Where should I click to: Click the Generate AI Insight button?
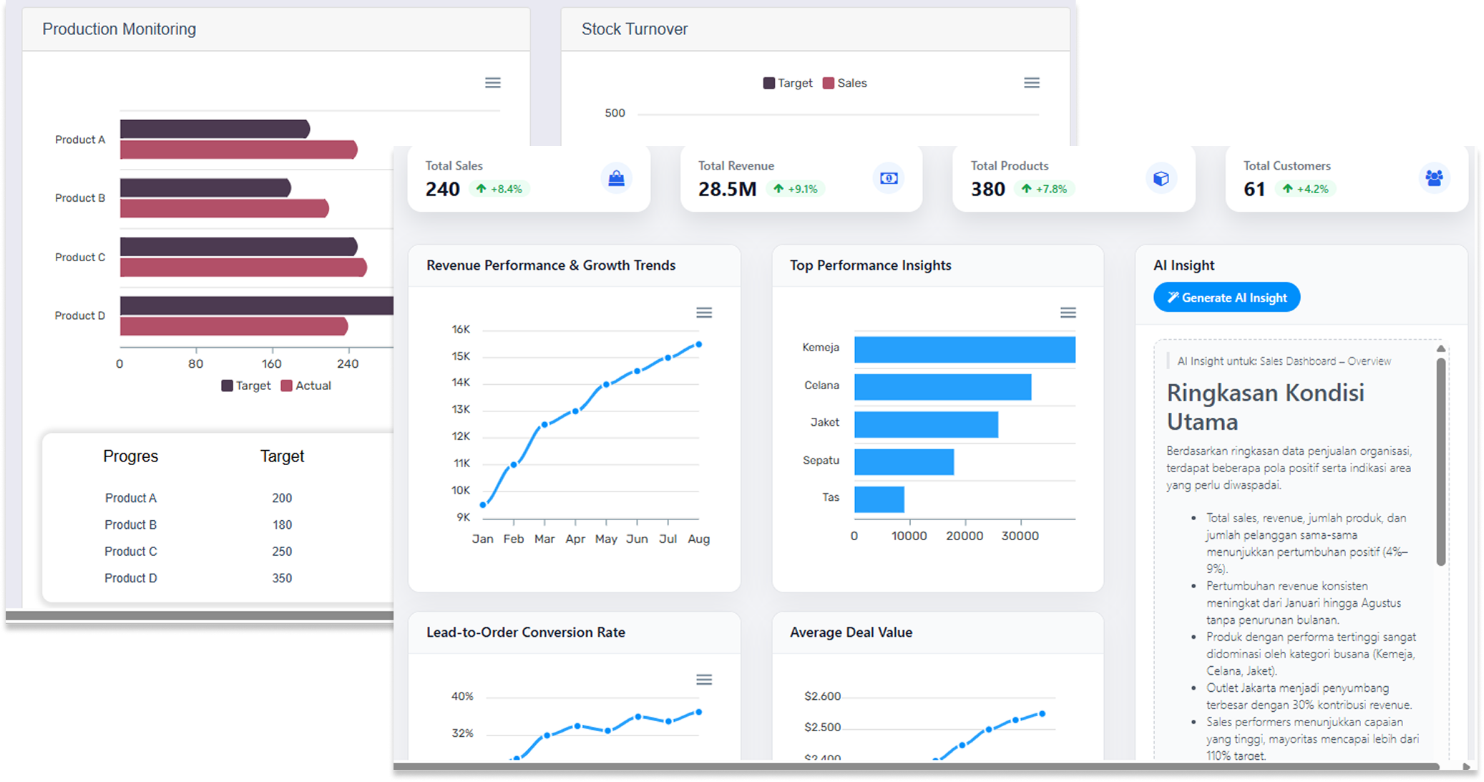pyautogui.click(x=1226, y=298)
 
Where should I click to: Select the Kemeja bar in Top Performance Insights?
pyautogui.click(x=964, y=350)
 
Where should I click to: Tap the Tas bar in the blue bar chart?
pyautogui.click(x=879, y=499)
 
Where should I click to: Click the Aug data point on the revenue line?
pyautogui.click(x=699, y=345)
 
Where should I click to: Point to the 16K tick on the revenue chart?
pyautogui.click(x=461, y=330)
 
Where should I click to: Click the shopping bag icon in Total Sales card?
pyautogui.click(x=616, y=178)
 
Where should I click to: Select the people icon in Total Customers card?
pyautogui.click(x=1434, y=178)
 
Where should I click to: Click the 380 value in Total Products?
pyautogui.click(x=987, y=189)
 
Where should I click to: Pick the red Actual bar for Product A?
pyautogui.click(x=238, y=150)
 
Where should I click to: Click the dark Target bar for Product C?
pyautogui.click(x=238, y=247)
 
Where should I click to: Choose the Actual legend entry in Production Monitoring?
pyautogui.click(x=306, y=386)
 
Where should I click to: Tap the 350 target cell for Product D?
pyautogui.click(x=282, y=578)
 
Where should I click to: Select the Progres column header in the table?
pyautogui.click(x=130, y=456)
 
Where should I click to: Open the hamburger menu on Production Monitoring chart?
pyautogui.click(x=493, y=83)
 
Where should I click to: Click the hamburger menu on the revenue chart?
pyautogui.click(x=704, y=313)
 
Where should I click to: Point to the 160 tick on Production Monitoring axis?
pyautogui.click(x=272, y=363)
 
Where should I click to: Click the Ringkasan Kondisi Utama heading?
pyautogui.click(x=1265, y=407)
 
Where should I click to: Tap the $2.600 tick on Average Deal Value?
pyautogui.click(x=822, y=696)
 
